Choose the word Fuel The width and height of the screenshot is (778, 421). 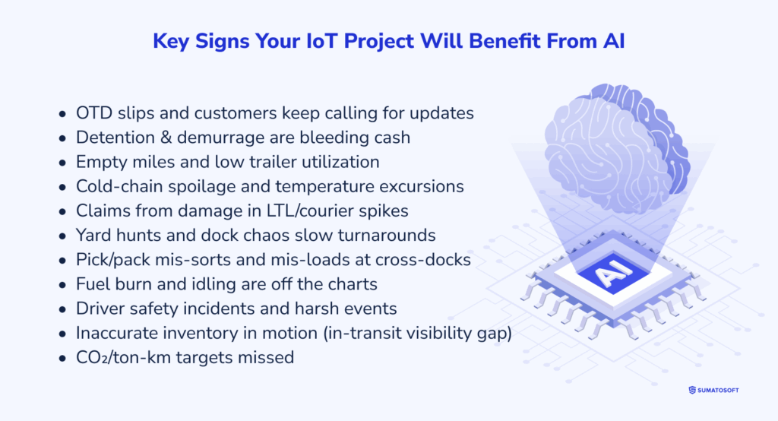click(x=93, y=283)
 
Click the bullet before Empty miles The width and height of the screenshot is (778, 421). click(x=62, y=163)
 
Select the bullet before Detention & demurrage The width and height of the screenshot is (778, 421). click(x=62, y=138)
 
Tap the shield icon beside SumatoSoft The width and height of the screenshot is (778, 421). click(x=691, y=390)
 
